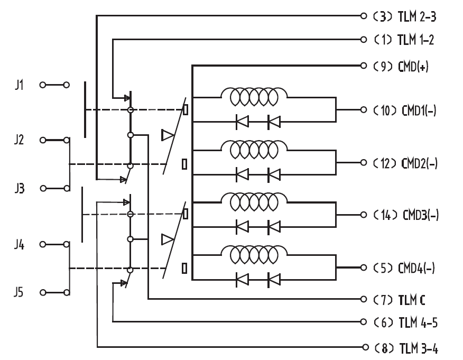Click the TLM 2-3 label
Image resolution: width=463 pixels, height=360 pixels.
pyautogui.click(x=417, y=16)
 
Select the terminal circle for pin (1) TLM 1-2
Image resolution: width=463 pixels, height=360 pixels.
pyautogui.click(x=364, y=40)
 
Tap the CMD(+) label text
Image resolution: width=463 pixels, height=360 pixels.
pyautogui.click(x=413, y=67)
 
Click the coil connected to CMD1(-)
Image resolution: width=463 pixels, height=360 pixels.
pyautogui.click(x=254, y=96)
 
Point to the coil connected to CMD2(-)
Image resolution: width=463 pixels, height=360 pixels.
pyautogui.click(x=254, y=149)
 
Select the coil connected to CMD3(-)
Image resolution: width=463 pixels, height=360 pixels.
pyautogui.click(x=254, y=202)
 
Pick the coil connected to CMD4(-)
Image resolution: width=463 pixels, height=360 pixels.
pyautogui.click(x=254, y=254)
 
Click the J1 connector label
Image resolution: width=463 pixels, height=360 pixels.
pyautogui.click(x=19, y=85)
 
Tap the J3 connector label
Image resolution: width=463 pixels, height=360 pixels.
pyautogui.click(x=20, y=188)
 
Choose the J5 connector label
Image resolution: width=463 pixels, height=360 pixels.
pyautogui.click(x=18, y=292)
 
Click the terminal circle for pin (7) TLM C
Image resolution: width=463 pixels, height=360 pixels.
pyautogui.click(x=364, y=299)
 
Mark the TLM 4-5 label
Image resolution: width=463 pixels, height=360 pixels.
pyautogui.click(x=418, y=322)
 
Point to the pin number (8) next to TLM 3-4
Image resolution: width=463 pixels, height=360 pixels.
pyautogui.click(x=384, y=348)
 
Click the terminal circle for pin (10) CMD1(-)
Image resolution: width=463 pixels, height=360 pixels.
pyautogui.click(x=364, y=110)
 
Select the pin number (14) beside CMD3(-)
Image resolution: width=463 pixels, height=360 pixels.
pyautogui.click(x=386, y=215)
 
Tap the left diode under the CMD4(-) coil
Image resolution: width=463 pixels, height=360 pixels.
pyautogui.click(x=242, y=279)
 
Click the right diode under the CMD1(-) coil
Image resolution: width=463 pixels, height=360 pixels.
pyautogui.click(x=274, y=122)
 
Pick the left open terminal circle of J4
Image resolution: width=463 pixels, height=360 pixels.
pyautogui.click(x=43, y=244)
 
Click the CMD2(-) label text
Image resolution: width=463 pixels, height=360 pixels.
pyautogui.click(x=419, y=163)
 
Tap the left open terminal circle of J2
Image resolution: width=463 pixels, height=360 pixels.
pyautogui.click(x=43, y=140)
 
